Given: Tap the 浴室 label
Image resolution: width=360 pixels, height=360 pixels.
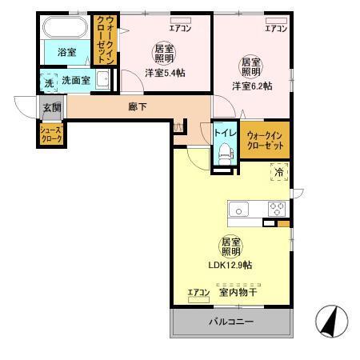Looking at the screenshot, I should point(66,54).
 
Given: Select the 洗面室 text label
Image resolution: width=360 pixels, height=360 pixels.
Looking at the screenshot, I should point(75,80).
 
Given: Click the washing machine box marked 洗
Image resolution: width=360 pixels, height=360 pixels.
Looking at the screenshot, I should point(48,81).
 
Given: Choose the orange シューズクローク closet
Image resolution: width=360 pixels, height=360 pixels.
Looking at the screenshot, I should point(52,134).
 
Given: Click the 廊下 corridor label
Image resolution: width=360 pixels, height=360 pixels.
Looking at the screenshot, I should point(138,107).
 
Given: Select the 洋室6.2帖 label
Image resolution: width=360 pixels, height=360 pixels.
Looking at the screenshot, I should point(251,86).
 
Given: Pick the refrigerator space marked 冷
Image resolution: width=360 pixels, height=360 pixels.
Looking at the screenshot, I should point(279,172).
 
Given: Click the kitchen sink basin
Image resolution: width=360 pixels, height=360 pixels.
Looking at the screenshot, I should point(240,209).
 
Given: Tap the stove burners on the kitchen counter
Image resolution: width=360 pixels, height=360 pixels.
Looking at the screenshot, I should point(277,209).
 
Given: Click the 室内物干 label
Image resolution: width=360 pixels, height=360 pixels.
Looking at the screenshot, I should point(238,292).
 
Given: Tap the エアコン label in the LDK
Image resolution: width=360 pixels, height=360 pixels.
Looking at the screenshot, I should point(198,292).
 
